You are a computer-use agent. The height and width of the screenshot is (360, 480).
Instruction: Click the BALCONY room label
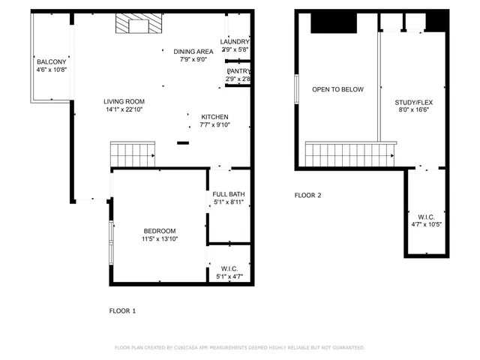[51, 61]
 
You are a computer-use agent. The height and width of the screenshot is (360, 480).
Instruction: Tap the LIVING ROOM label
[124, 101]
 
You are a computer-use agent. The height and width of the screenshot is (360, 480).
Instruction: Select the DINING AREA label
[194, 52]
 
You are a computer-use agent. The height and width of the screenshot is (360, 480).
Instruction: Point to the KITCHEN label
[214, 117]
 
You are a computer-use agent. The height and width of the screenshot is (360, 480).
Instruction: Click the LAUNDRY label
[235, 41]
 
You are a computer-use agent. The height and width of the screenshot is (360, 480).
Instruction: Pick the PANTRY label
[238, 70]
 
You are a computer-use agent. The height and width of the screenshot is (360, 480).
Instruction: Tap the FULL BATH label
[229, 194]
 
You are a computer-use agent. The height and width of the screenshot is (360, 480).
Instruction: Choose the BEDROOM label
[159, 231]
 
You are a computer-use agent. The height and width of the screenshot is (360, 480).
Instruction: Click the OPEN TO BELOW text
[337, 89]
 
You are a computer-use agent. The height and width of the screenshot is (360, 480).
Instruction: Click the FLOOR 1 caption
[123, 310]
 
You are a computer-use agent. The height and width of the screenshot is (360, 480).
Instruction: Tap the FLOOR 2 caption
[307, 196]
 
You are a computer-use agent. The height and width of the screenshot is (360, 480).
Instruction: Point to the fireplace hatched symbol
[137, 26]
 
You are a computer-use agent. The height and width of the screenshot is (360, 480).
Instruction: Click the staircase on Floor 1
[132, 154]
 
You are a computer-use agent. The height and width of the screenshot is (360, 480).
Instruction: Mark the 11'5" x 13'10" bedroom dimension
[159, 239]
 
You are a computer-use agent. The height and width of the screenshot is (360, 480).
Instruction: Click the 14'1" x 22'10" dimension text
[124, 109]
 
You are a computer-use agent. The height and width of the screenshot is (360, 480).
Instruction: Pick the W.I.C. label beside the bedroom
[229, 268]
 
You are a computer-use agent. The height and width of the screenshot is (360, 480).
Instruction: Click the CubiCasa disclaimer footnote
[239, 348]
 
